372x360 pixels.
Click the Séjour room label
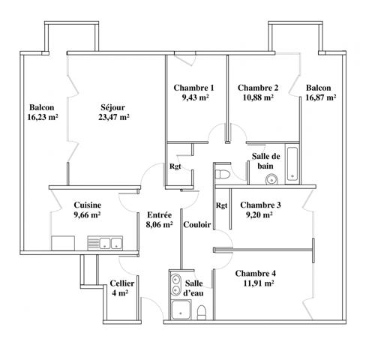(113, 106)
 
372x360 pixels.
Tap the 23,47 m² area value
(113, 117)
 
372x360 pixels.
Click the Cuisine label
(87, 204)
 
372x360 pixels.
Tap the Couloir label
(196, 223)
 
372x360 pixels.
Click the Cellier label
(121, 283)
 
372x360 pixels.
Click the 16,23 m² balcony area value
(43, 117)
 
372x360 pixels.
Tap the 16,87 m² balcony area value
(320, 97)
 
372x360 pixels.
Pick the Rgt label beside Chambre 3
(222, 205)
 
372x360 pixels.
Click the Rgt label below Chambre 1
(175, 166)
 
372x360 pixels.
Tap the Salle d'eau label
(194, 287)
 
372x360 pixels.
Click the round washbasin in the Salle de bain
(271, 178)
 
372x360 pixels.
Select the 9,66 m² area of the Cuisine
(87, 214)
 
